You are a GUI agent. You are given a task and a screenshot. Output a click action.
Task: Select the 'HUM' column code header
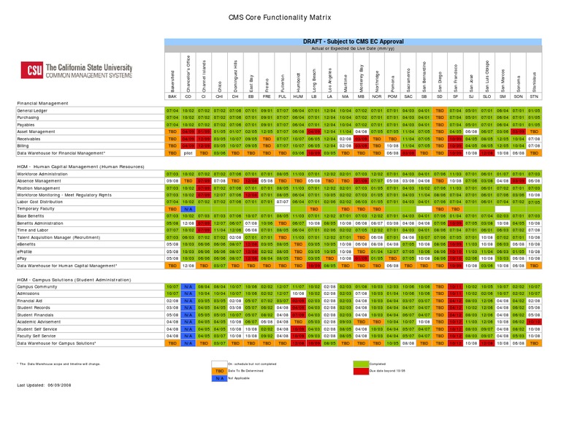(298, 96)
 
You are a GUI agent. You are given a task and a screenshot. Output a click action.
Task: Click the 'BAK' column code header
(172, 96)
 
